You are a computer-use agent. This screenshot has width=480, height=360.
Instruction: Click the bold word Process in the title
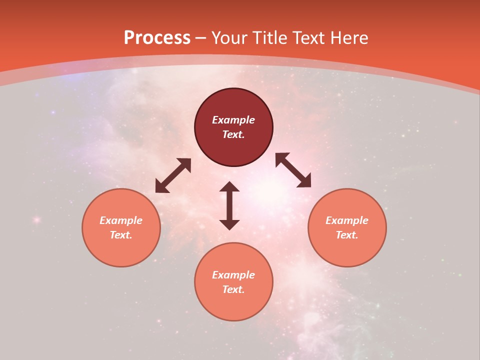point(157,38)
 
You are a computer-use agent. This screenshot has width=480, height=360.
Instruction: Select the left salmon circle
point(121,250)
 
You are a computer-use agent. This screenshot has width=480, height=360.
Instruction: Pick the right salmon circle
point(347,250)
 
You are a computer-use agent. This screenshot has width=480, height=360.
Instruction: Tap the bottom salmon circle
point(233,305)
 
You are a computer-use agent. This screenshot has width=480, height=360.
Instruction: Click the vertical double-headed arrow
point(229,205)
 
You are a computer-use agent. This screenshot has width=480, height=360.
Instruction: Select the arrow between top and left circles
point(173,175)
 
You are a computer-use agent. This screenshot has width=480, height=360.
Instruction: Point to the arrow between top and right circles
point(293,170)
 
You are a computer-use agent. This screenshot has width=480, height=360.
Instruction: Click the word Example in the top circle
point(233,120)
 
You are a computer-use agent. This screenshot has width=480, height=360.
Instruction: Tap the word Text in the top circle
point(233,134)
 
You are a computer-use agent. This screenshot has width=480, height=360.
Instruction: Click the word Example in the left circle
point(121,220)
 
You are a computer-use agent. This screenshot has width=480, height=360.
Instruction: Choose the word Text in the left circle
point(121,235)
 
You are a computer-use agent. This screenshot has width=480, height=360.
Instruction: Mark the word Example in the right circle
point(347,220)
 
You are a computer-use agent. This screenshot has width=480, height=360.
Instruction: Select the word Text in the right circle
point(347,235)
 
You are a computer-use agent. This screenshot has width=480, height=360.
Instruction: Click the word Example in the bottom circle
point(233,275)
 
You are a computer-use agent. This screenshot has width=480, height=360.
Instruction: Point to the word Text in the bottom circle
point(233,289)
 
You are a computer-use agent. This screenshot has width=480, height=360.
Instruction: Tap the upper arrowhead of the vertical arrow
point(229,186)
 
